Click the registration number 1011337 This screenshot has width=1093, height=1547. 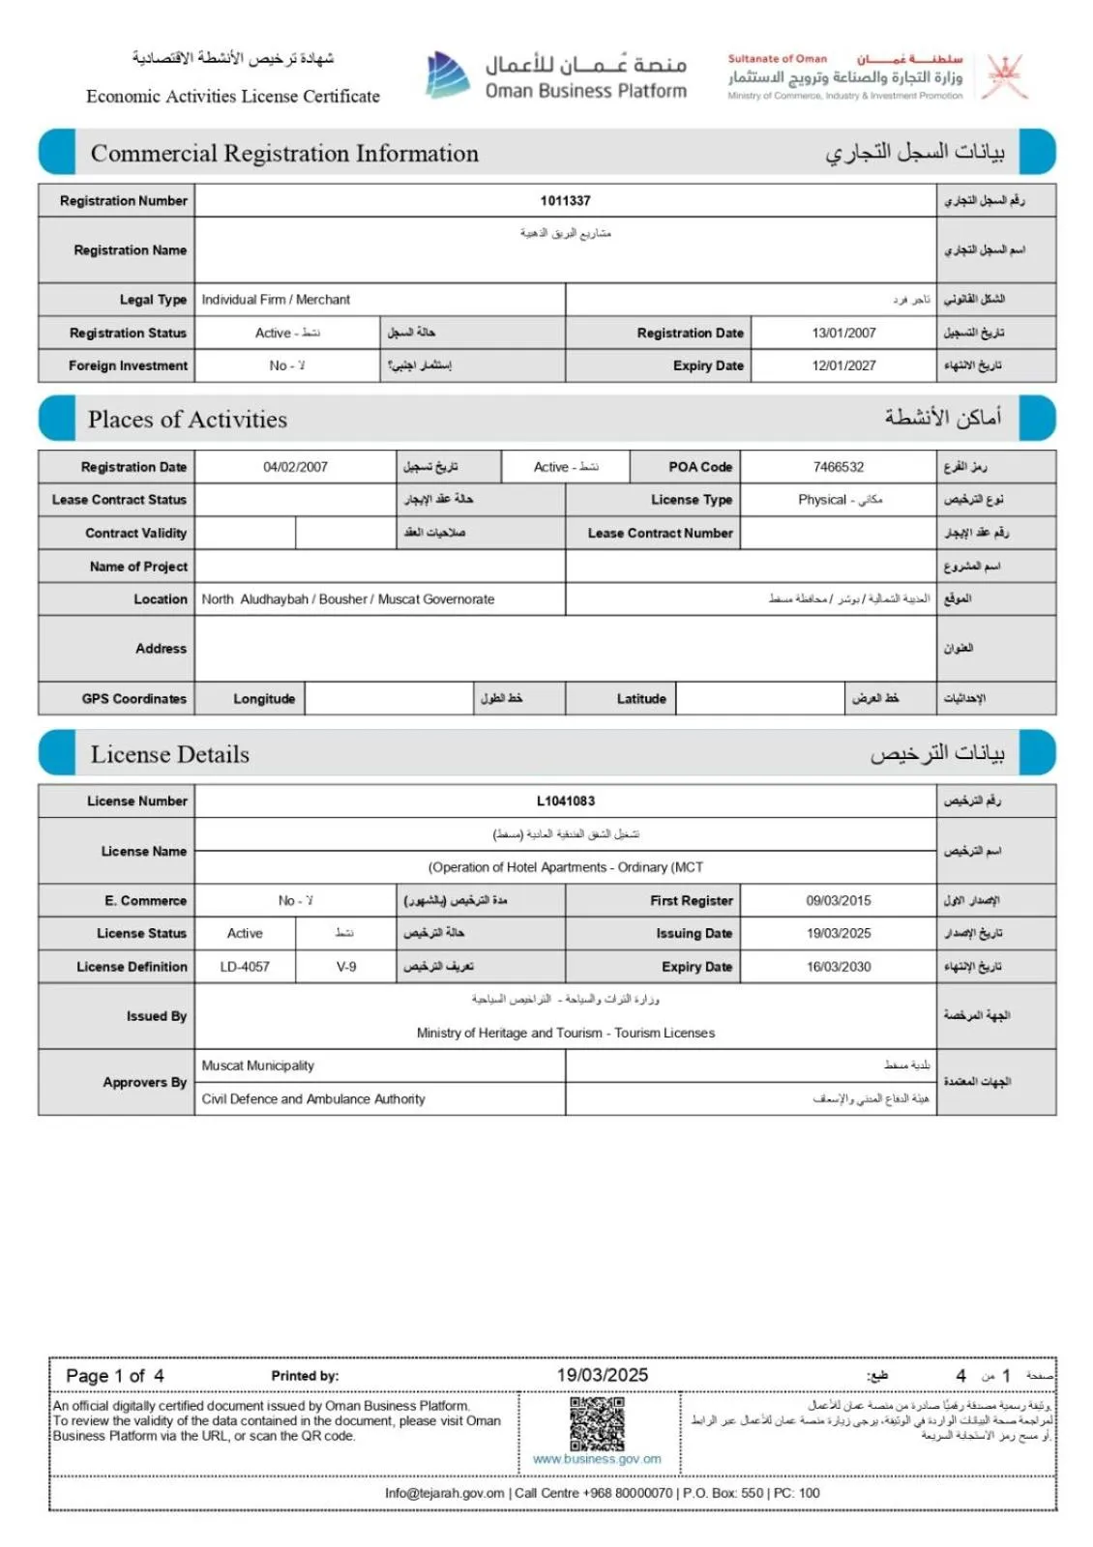coord(565,201)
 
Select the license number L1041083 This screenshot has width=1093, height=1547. coord(566,802)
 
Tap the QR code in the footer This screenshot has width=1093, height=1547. coord(597,1423)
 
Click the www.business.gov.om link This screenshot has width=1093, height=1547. coord(597,1459)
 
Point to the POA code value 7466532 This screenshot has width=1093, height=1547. coord(839,467)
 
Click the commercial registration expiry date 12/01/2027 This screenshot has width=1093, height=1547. coord(843,365)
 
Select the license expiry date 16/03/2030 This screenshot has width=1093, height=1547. coord(839,967)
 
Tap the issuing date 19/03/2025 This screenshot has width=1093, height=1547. coord(839,933)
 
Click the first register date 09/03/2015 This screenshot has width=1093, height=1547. coord(839,900)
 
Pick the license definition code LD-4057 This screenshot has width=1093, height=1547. coord(245,967)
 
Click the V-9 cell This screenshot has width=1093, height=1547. coord(346,967)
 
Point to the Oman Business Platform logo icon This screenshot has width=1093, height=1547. coord(447,75)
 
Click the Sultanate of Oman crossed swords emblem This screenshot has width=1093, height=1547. coord(1006,76)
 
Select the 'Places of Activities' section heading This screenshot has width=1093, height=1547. coord(188,420)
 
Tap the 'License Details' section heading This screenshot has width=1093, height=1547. coord(170,755)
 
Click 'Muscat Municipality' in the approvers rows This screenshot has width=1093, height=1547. coord(258,1065)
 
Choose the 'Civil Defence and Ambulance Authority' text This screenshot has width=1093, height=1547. coord(313,1099)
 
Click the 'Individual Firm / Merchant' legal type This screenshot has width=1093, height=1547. coord(276,300)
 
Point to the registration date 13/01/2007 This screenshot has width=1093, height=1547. coord(843,333)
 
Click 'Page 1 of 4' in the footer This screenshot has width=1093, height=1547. coord(115,1376)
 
